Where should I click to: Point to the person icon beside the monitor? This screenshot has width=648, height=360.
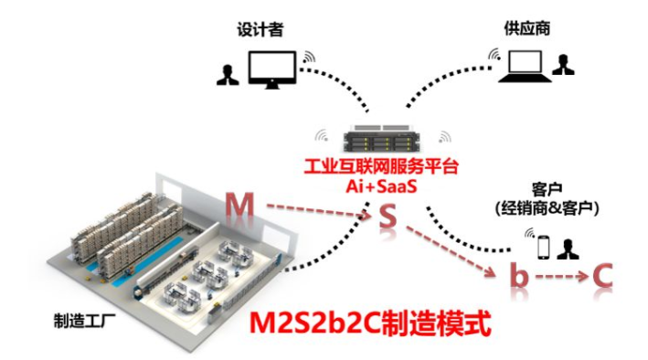225,74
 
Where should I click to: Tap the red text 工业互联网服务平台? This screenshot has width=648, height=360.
382,171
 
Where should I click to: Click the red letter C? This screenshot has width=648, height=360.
600,274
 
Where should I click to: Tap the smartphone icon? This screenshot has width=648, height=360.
542,247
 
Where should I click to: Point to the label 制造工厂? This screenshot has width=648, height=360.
83,320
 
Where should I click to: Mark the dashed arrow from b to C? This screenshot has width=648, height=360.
559,275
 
